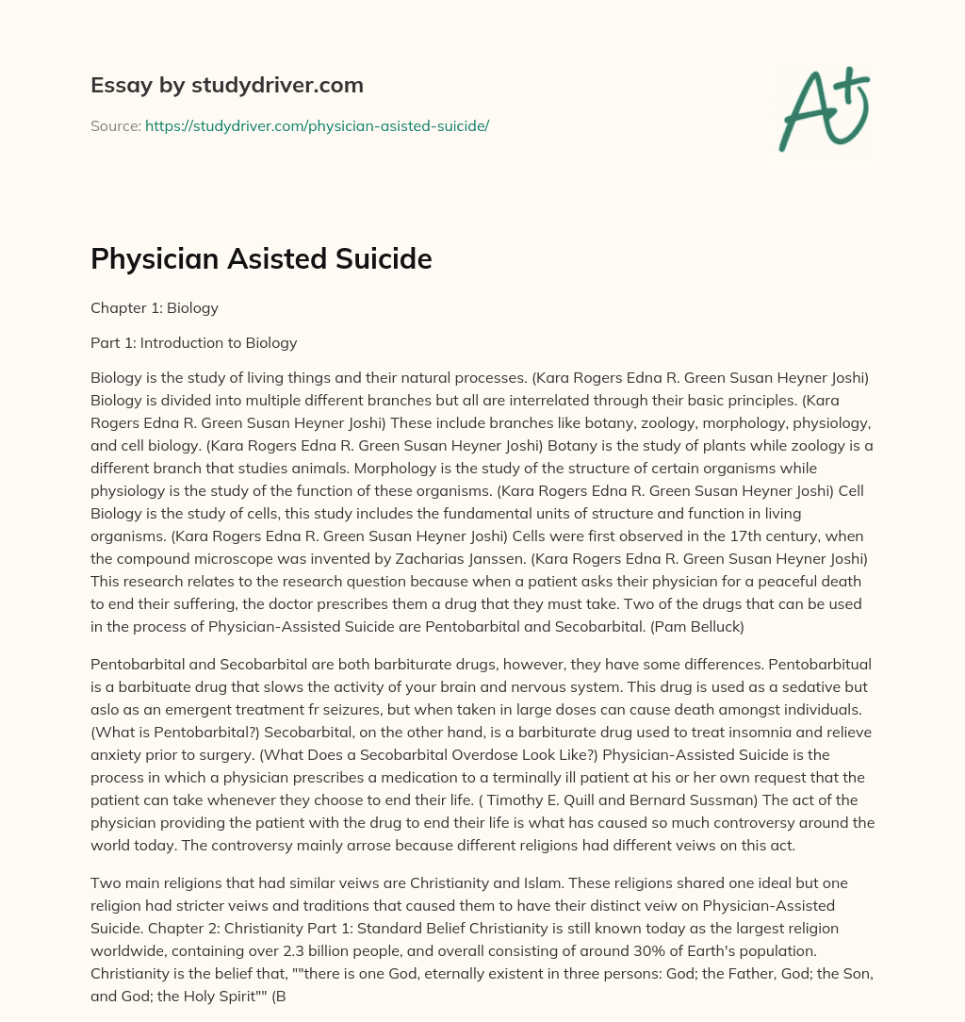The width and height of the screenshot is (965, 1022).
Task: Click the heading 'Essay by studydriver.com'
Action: [227, 85]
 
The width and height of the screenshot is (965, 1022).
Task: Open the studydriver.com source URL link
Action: [317, 125]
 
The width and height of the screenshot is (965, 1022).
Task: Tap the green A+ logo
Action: [823, 108]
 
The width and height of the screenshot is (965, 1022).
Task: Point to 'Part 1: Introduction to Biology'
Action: [193, 342]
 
